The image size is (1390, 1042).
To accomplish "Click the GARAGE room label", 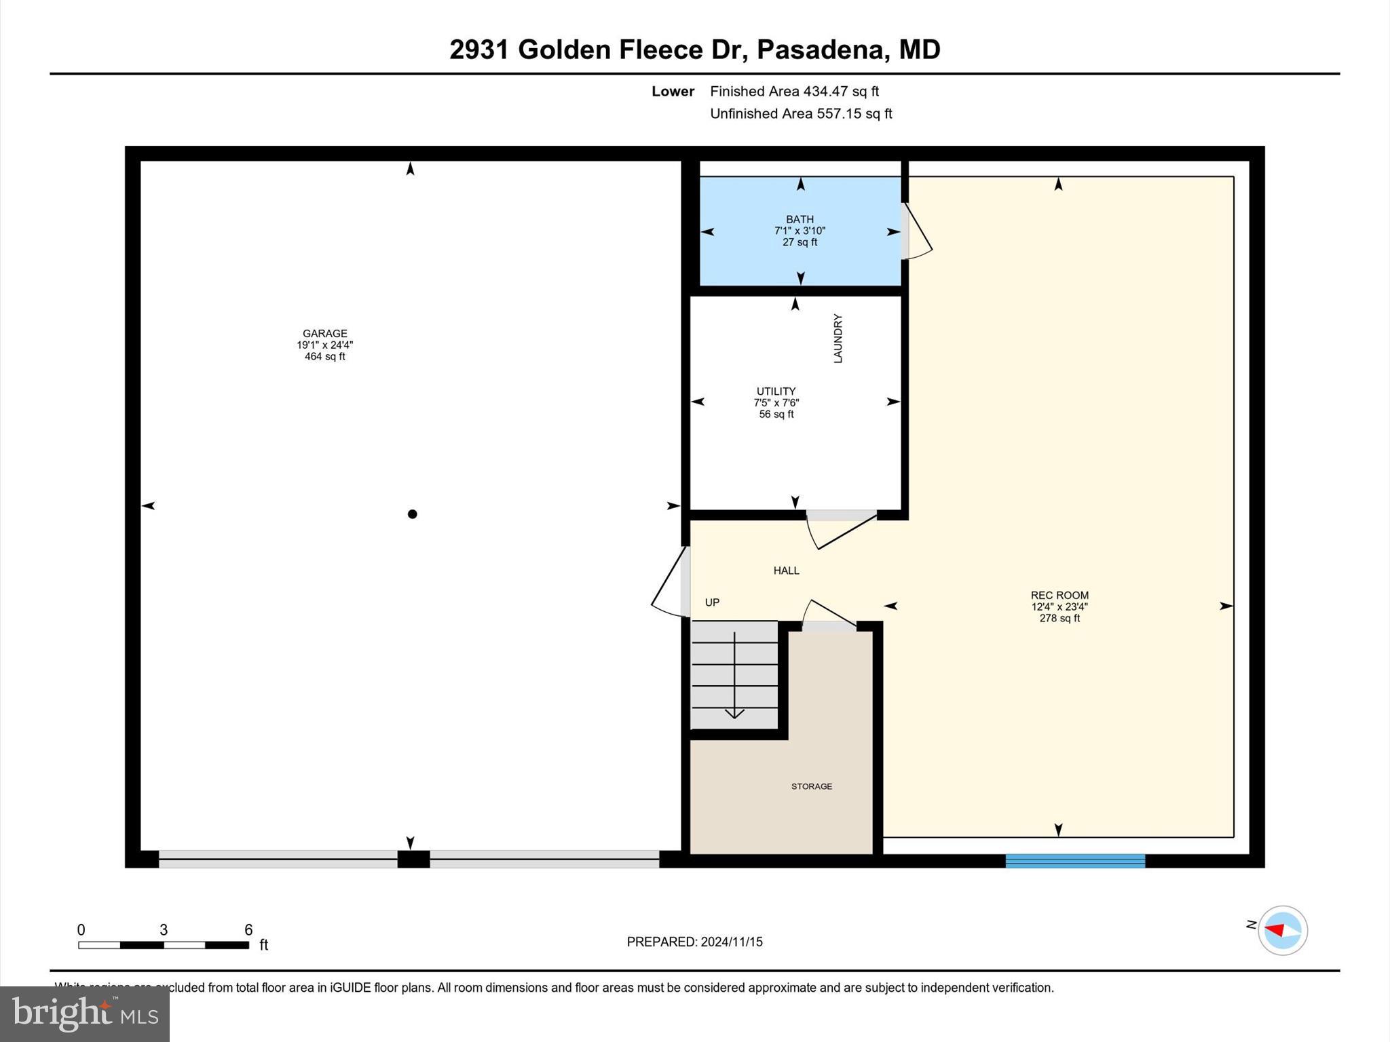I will pyautogui.click(x=324, y=334).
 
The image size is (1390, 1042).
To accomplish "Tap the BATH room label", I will pyautogui.click(x=800, y=219).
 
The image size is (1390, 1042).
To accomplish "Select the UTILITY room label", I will pyautogui.click(x=776, y=391).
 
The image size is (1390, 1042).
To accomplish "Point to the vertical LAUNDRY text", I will pyautogui.click(x=838, y=339).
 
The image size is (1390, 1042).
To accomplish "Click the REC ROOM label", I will pyautogui.click(x=1059, y=596).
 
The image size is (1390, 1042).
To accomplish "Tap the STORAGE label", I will pyautogui.click(x=811, y=786).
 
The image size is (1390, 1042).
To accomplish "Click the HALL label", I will pyautogui.click(x=786, y=571).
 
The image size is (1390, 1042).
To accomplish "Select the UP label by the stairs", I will pyautogui.click(x=712, y=602).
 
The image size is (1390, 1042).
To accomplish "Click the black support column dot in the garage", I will pyautogui.click(x=412, y=514).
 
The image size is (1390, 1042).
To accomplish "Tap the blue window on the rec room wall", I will pyautogui.click(x=1075, y=861).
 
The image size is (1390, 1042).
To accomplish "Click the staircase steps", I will pyautogui.click(x=734, y=675).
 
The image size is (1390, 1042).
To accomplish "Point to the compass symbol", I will pyautogui.click(x=1282, y=930).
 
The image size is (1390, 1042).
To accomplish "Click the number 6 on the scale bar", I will pyautogui.click(x=248, y=930).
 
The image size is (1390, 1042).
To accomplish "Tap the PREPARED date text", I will pyautogui.click(x=694, y=942).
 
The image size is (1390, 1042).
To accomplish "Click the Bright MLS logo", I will pyautogui.click(x=85, y=1014).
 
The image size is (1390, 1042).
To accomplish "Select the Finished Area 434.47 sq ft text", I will pyautogui.click(x=794, y=92).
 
